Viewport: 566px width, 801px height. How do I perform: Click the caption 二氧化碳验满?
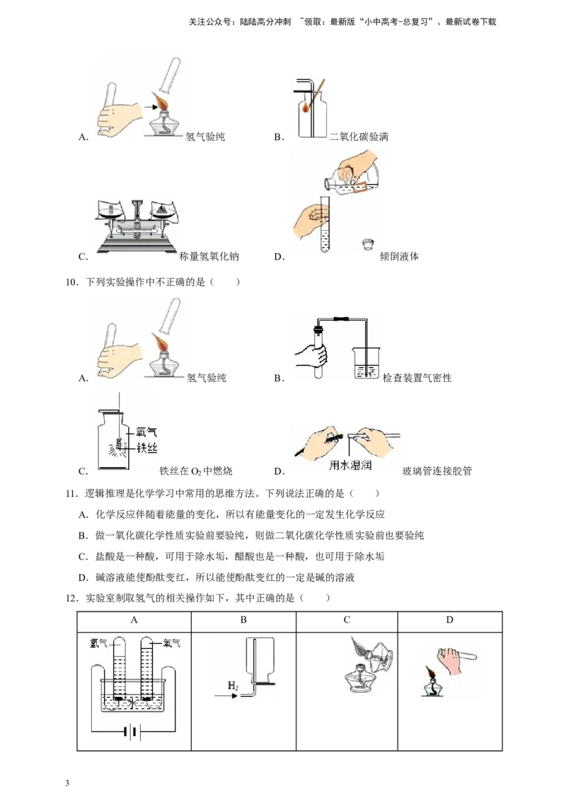point(359,137)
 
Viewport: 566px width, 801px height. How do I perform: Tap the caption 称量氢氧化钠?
point(209,256)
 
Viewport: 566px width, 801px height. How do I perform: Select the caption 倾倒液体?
point(400,256)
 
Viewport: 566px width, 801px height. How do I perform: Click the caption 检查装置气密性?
point(417,378)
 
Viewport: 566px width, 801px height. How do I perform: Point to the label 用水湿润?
point(350,465)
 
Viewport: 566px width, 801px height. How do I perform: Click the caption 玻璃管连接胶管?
point(437,471)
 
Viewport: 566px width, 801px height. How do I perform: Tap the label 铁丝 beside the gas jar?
point(146,448)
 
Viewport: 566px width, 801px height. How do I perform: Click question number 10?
point(72,282)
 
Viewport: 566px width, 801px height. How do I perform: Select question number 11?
point(72,493)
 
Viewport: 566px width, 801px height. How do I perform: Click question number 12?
point(72,598)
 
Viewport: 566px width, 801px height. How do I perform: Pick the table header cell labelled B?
point(243,620)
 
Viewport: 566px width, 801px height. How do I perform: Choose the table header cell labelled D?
point(449,620)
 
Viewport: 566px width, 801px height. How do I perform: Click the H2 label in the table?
point(233,686)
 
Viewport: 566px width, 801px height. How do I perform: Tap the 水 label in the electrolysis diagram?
point(133,703)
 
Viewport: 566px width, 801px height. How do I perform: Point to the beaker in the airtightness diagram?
point(366,363)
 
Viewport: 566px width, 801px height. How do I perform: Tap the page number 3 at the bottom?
point(67,783)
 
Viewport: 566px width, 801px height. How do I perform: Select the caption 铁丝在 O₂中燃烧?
point(196,471)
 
